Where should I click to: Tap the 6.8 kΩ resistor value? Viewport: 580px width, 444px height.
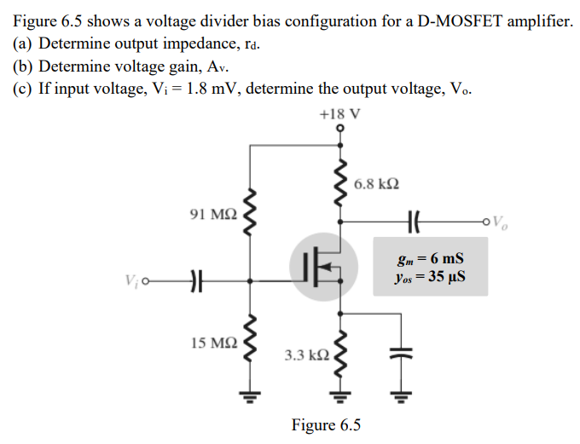coord(376,184)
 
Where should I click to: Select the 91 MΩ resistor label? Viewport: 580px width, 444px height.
coord(207,213)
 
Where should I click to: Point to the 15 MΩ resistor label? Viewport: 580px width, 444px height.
coord(207,343)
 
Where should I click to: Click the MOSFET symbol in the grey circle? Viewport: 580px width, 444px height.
coord(321,266)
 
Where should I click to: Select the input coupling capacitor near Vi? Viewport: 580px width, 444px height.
coord(194,279)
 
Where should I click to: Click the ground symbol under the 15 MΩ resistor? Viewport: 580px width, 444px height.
coord(249,395)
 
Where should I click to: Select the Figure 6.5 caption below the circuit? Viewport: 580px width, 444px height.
coord(326,424)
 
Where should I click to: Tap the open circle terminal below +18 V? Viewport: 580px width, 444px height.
coord(341,130)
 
